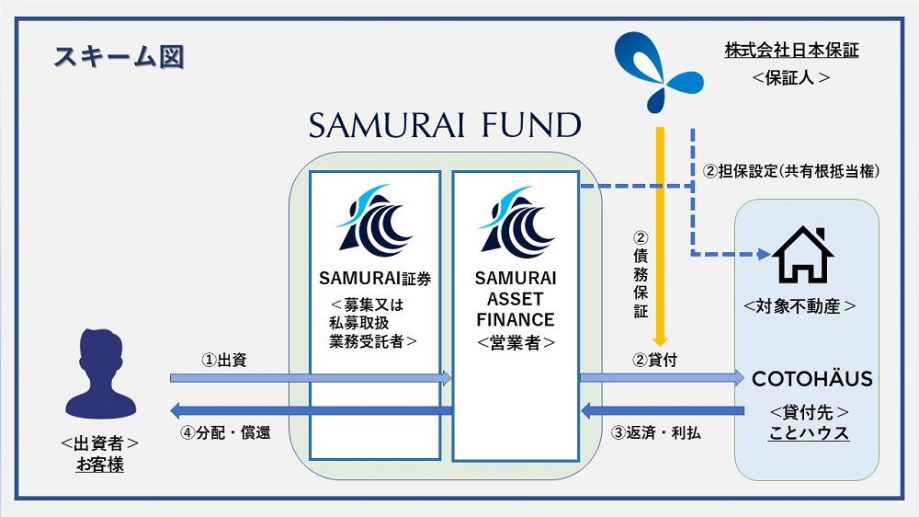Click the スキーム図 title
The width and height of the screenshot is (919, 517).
click(x=119, y=56)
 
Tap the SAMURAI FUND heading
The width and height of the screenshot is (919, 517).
click(x=445, y=126)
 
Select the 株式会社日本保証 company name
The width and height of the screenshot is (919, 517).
click(x=791, y=52)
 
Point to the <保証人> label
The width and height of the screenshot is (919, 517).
click(x=791, y=78)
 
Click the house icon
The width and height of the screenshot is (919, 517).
click(x=802, y=255)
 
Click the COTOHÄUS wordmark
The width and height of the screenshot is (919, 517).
click(x=811, y=379)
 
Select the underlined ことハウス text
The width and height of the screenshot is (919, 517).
click(x=809, y=432)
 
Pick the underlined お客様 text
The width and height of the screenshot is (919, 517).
click(x=99, y=465)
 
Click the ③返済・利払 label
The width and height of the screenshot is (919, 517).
click(x=655, y=431)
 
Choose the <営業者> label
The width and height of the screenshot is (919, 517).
click(x=515, y=342)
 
